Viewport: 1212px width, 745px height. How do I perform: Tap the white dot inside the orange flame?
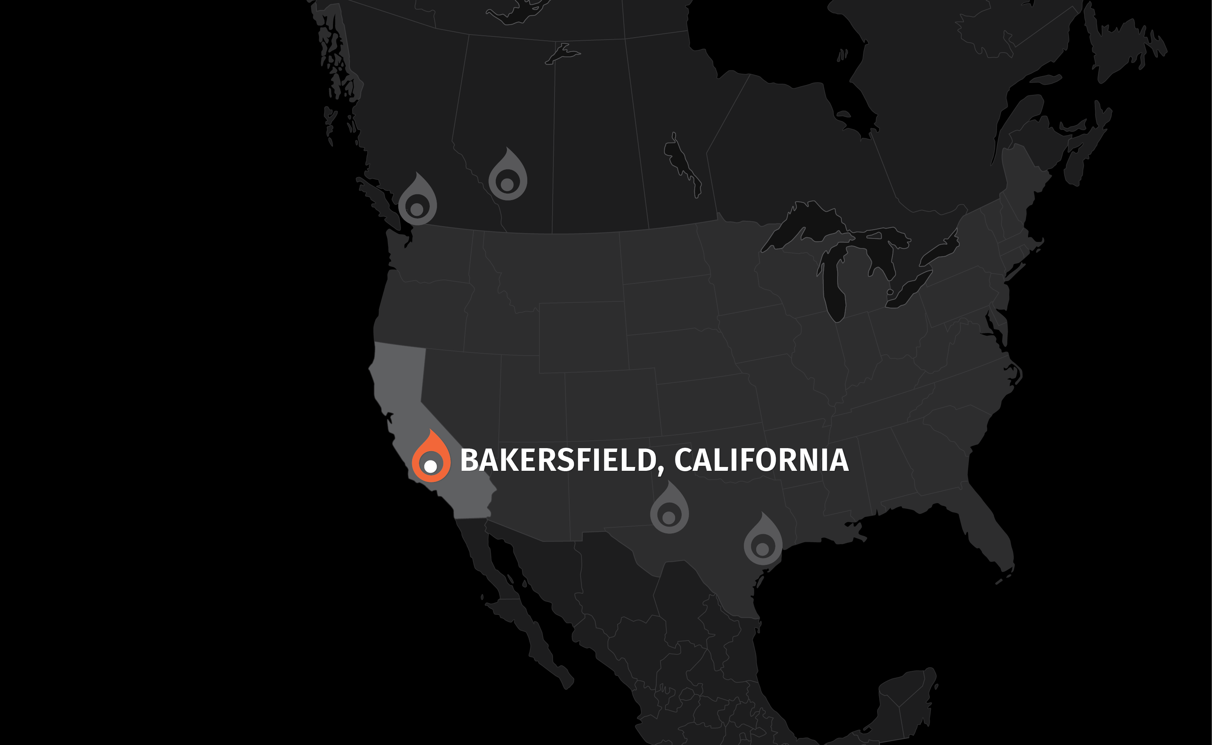[x=430, y=465]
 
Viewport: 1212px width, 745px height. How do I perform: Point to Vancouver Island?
[x=377, y=197]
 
